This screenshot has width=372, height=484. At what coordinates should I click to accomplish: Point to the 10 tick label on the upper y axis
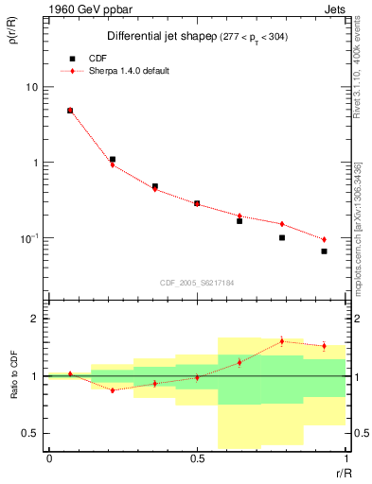(30, 87)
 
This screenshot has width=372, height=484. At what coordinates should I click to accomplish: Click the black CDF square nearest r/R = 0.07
(70, 111)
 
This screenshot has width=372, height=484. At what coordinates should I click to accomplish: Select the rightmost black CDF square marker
(324, 251)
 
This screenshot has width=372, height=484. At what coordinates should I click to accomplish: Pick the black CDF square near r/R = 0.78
(282, 237)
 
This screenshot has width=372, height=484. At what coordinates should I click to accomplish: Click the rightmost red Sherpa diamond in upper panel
(324, 239)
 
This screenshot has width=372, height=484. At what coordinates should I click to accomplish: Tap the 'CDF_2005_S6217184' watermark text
(197, 283)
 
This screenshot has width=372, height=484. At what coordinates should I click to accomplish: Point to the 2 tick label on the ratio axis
(34, 320)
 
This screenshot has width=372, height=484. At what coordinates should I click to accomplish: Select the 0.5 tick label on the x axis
(197, 458)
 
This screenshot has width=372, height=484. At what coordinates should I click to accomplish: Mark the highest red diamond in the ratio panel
(282, 341)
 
